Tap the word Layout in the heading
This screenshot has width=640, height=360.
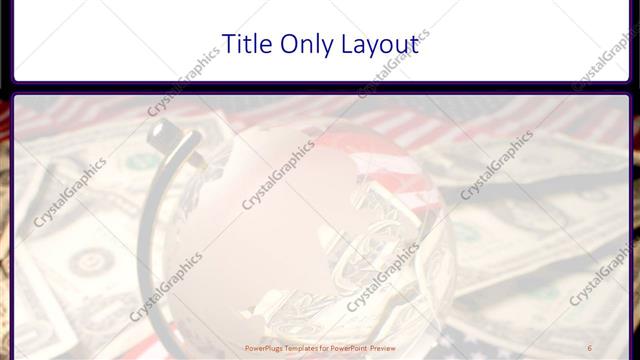(379, 44)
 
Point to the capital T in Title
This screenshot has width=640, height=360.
(227, 44)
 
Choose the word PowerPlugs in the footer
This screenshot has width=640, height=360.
(263, 349)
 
